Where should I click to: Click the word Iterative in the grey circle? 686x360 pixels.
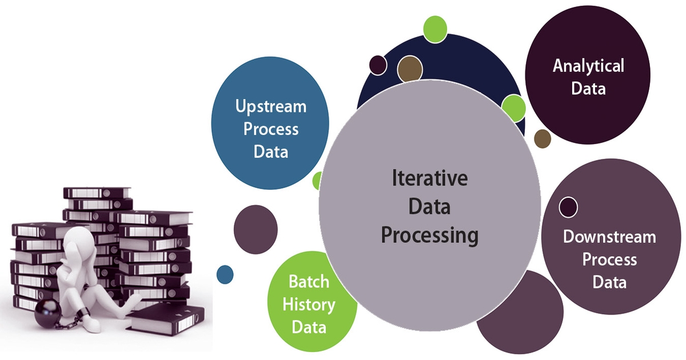pyautogui.click(x=430, y=178)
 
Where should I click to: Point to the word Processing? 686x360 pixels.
pyautogui.click(x=430, y=235)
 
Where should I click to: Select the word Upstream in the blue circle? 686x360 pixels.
pyautogui.click(x=271, y=106)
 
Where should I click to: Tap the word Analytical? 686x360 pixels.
pyautogui.click(x=588, y=66)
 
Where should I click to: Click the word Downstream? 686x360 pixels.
pyautogui.click(x=609, y=237)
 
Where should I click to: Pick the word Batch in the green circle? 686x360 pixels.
pyautogui.click(x=309, y=281)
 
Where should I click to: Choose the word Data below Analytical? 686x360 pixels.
pyautogui.click(x=588, y=89)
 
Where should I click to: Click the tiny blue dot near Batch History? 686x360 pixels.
pyautogui.click(x=225, y=275)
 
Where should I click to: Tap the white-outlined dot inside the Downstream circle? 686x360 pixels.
pyautogui.click(x=568, y=207)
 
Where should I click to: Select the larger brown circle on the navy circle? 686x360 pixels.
pyautogui.click(x=409, y=68)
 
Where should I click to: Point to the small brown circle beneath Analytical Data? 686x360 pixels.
pyautogui.click(x=543, y=138)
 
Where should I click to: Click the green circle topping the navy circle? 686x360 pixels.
pyautogui.click(x=435, y=29)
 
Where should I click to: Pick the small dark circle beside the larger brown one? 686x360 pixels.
pyautogui.click(x=378, y=65)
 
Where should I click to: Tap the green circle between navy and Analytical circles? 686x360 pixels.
pyautogui.click(x=513, y=107)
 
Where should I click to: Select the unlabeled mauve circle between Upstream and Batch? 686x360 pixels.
pyautogui.click(x=256, y=227)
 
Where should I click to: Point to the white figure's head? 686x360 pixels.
pyautogui.click(x=78, y=241)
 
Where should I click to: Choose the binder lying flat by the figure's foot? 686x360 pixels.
pyautogui.click(x=165, y=320)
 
